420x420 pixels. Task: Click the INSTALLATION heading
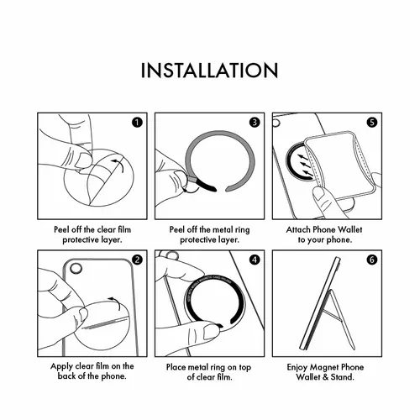click(209, 71)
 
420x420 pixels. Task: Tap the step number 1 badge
click(137, 123)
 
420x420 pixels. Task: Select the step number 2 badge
click(137, 260)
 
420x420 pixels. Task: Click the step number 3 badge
click(255, 123)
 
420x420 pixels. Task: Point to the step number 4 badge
click(255, 260)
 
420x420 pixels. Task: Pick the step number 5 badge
click(372, 123)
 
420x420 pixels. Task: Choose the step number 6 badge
click(372, 260)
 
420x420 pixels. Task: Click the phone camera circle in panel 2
click(76, 269)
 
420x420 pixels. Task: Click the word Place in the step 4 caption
click(176, 367)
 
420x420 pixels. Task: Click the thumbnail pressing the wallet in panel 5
click(318, 194)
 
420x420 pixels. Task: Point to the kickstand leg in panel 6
click(341, 320)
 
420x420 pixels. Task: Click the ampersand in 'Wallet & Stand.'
click(325, 377)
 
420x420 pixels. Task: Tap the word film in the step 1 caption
click(124, 229)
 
